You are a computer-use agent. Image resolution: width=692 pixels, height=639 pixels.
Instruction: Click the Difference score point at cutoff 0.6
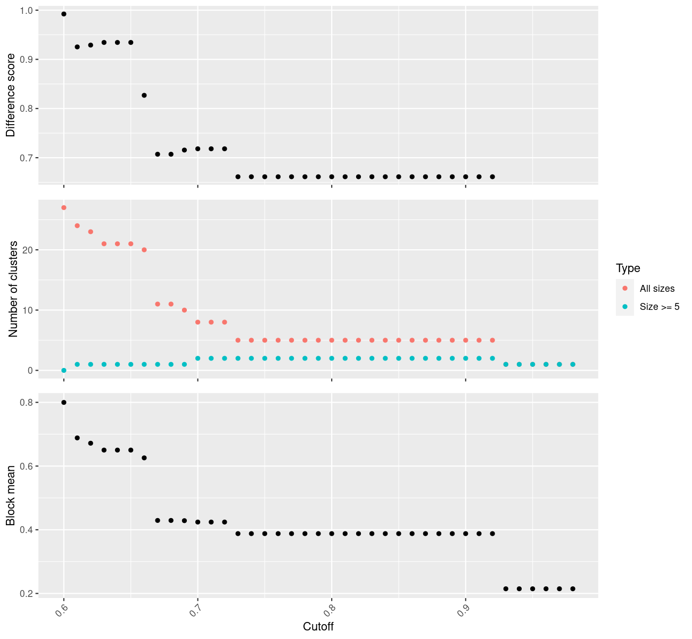pos(64,14)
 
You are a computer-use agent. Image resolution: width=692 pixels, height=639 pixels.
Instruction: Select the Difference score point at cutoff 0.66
pos(144,95)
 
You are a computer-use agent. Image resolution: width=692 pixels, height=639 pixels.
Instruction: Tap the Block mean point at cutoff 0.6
pos(64,403)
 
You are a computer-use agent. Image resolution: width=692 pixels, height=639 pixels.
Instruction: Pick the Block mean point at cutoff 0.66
pos(144,458)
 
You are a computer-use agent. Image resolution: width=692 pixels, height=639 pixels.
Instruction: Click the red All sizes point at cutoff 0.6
pos(64,208)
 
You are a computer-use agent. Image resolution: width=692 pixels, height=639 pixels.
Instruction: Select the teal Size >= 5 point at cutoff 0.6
pos(64,370)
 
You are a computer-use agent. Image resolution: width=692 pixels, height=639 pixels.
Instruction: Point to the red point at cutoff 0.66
pos(144,250)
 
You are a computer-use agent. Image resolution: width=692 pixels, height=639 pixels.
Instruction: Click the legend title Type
pos(628,268)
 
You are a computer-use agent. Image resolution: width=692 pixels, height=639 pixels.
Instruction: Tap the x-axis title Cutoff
pos(318,627)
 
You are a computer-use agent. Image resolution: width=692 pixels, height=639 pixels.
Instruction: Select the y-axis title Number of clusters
pos(13,289)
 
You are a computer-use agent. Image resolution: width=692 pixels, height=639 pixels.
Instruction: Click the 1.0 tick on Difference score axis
pos(27,11)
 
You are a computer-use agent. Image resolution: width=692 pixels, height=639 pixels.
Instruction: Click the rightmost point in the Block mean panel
pos(573,588)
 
